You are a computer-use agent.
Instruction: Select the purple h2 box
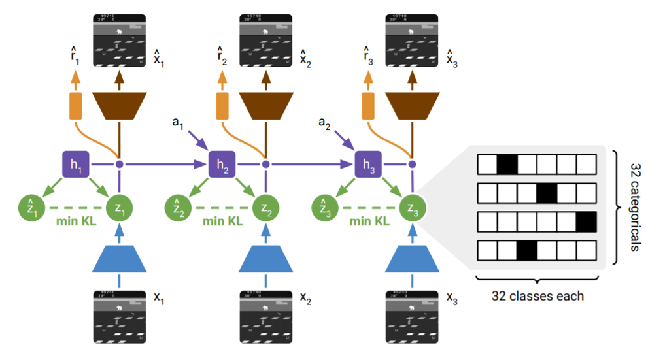point(222,165)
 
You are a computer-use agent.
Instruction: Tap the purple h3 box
point(367,165)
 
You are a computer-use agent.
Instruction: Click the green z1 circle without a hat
point(119,208)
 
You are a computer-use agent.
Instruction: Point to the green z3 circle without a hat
point(412,208)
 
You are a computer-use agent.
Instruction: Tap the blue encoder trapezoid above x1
point(119,258)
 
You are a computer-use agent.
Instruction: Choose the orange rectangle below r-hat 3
point(367,106)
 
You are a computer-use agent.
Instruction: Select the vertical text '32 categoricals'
point(633,207)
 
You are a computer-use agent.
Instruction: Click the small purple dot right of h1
point(119,165)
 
